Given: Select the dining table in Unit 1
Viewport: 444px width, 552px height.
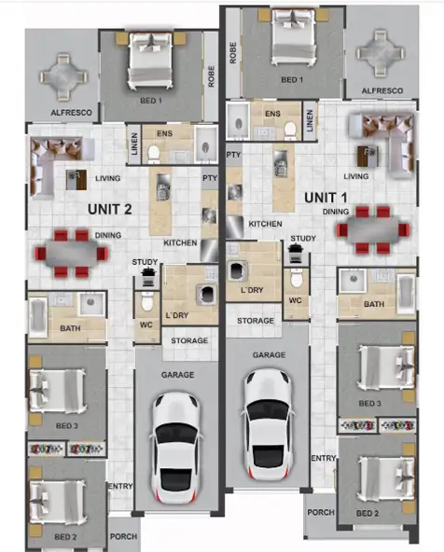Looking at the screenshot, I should click(373, 230).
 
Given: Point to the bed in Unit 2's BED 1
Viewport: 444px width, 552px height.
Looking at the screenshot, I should click(147, 62).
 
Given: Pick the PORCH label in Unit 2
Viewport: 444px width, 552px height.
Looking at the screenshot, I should click(123, 537).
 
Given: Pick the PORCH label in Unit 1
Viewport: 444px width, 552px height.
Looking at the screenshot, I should click(320, 512).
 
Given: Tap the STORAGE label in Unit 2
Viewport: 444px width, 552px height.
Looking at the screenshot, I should click(189, 341).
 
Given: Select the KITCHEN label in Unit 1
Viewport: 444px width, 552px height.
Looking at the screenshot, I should click(265, 225).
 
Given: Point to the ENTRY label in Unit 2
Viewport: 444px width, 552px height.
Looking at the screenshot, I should click(120, 487).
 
